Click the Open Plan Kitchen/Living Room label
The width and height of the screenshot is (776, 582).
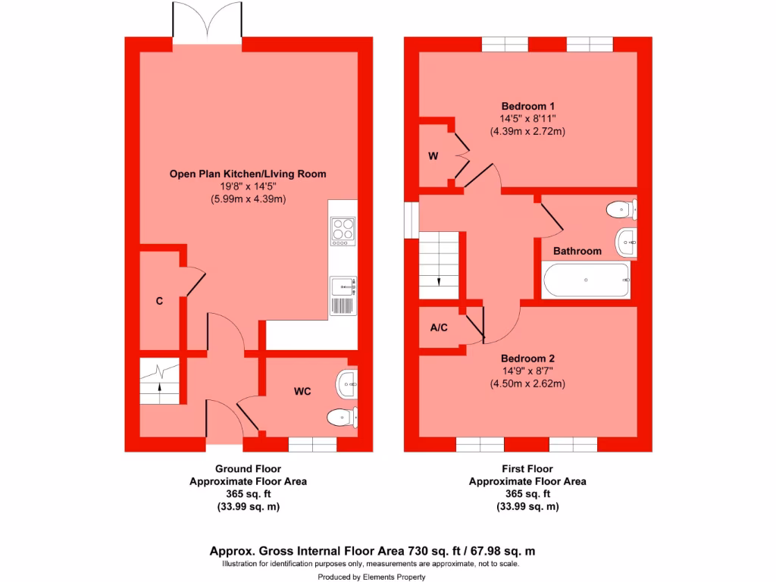[x=248, y=174]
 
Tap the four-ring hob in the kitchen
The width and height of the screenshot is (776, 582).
[x=343, y=231]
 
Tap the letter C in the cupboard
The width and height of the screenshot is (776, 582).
[x=159, y=301]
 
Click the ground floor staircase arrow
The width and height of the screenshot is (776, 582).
[x=160, y=383]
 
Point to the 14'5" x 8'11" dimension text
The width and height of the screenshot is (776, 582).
[x=527, y=118]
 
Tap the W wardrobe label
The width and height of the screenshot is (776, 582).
[x=433, y=157]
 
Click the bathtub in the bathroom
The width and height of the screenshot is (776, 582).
[x=586, y=280]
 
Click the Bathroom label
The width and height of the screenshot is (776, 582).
[x=577, y=251]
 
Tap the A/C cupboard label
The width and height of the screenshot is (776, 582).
[x=439, y=328]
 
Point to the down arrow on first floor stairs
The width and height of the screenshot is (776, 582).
[x=439, y=281]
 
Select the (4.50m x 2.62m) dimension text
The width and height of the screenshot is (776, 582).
[x=527, y=383]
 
